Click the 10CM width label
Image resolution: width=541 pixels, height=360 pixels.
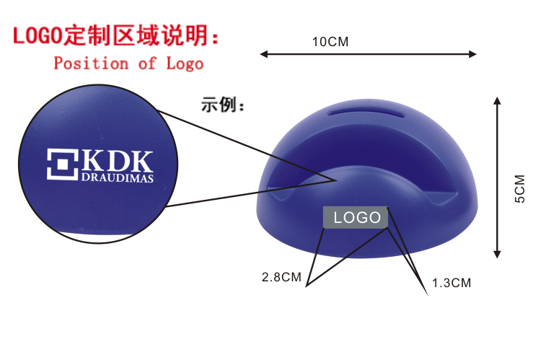330,41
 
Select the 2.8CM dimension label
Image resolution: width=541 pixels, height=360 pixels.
281,276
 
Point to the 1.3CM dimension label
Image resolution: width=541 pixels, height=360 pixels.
452,283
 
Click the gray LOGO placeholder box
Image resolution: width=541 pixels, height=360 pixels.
356,217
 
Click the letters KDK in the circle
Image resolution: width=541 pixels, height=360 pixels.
118,160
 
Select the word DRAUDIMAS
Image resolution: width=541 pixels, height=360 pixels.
118,178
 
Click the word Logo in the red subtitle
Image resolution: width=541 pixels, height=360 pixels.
185,63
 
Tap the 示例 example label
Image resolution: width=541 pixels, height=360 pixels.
223,105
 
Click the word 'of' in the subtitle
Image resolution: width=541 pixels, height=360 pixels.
147,63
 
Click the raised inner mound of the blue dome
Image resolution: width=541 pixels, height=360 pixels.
361,180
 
